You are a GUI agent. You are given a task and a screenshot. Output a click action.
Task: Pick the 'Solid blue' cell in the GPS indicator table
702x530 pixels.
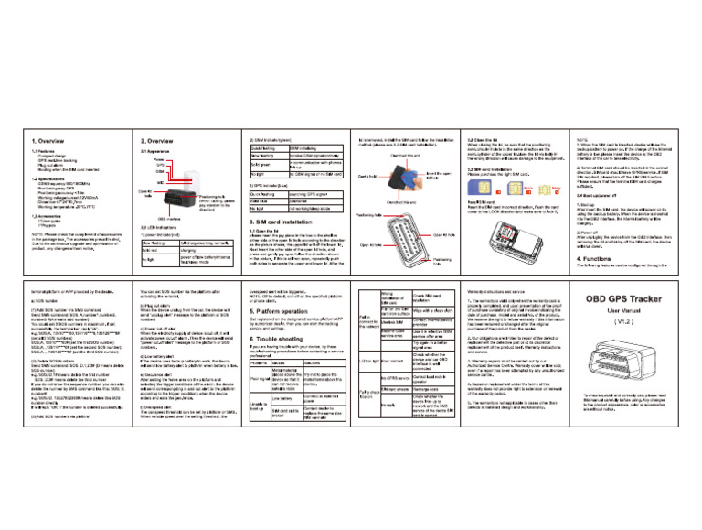(264, 202)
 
